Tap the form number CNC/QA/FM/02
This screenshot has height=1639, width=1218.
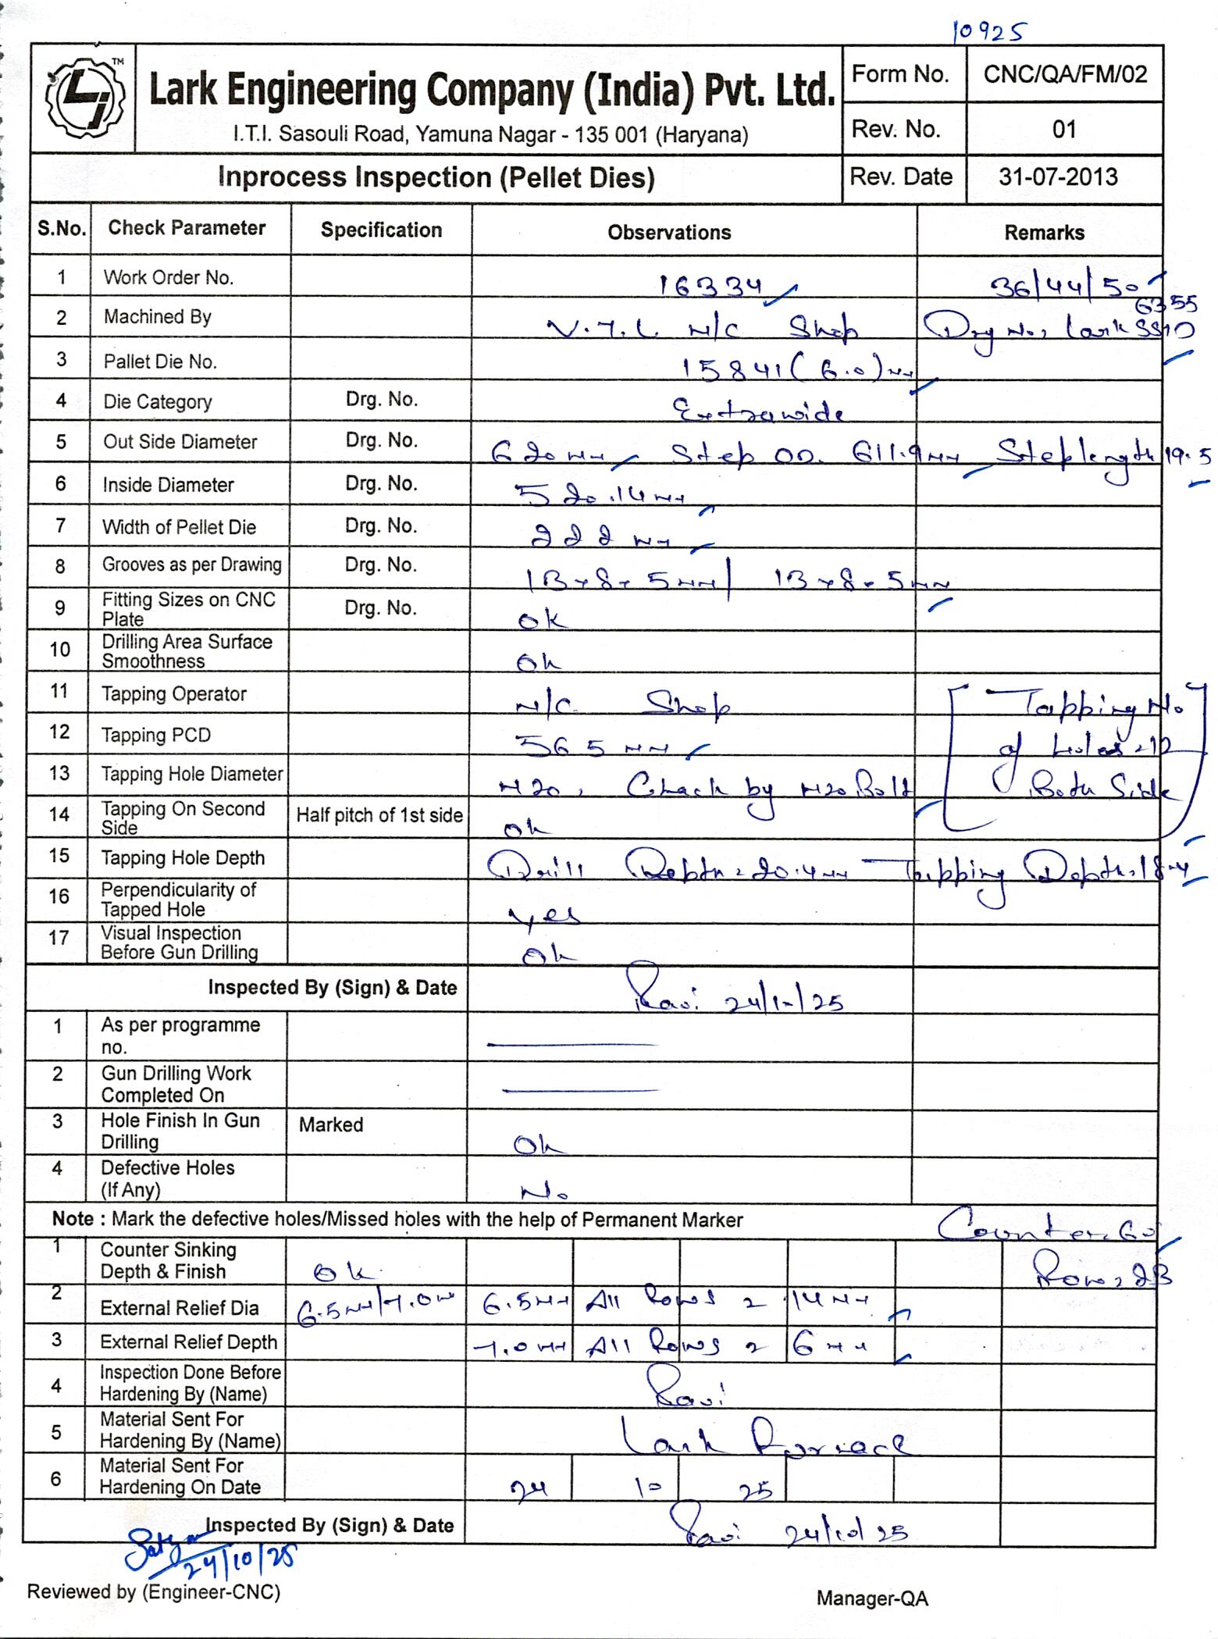click(1065, 75)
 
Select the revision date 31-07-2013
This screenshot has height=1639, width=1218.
click(1058, 177)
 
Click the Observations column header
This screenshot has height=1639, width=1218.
click(669, 233)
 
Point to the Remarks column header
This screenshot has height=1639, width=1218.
click(1044, 233)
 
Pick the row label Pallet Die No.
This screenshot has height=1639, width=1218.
click(160, 362)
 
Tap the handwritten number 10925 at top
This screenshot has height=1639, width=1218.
click(989, 31)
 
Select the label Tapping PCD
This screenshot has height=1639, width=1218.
click(155, 736)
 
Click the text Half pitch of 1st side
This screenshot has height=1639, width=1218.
click(379, 815)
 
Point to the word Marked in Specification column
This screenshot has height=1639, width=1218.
click(331, 1125)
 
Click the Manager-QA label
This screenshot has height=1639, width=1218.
click(872, 1598)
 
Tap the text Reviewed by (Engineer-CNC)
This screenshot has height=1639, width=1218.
click(153, 1591)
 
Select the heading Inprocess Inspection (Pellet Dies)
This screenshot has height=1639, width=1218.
click(436, 178)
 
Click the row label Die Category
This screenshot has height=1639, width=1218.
click(157, 402)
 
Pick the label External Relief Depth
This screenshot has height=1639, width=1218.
click(188, 1342)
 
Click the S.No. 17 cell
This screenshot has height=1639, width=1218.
click(59, 938)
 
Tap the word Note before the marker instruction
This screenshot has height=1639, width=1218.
click(73, 1220)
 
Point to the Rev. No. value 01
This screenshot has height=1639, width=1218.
click(1064, 129)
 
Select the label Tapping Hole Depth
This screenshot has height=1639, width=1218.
click(183, 858)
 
